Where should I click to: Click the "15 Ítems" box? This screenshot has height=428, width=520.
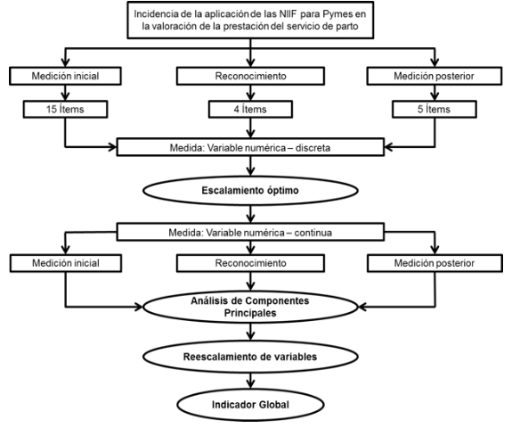tap(65, 110)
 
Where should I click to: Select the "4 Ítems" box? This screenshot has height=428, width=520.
tap(250, 110)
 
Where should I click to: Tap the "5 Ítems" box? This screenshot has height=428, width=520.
tap(435, 110)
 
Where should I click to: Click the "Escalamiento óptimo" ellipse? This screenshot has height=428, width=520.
tap(250, 191)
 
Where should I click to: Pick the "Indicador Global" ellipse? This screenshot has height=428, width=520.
tap(250, 405)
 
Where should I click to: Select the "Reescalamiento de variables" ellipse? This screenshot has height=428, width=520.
tap(250, 357)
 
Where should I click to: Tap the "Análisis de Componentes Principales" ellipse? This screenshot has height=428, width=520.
tap(250, 307)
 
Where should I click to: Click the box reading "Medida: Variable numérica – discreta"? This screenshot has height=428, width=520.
tap(250, 147)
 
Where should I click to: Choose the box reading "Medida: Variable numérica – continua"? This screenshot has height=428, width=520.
tap(250, 232)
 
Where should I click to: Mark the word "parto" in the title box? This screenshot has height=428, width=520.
tap(347, 27)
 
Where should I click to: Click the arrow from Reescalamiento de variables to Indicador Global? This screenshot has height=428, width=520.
tap(251, 381)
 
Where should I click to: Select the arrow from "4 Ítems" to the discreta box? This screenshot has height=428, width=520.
tap(251, 128)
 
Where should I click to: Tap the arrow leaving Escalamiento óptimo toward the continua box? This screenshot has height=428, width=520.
tap(251, 214)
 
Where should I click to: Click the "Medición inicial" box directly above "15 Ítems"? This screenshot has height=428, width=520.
tap(65, 76)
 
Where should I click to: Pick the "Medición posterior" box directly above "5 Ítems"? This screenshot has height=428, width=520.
tap(435, 76)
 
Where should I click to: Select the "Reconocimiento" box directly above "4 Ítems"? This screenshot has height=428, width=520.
tap(250, 76)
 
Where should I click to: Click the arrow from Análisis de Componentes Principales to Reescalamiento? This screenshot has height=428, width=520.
tap(251, 332)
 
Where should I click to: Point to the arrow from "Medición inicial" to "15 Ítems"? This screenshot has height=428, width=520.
tap(65, 93)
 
